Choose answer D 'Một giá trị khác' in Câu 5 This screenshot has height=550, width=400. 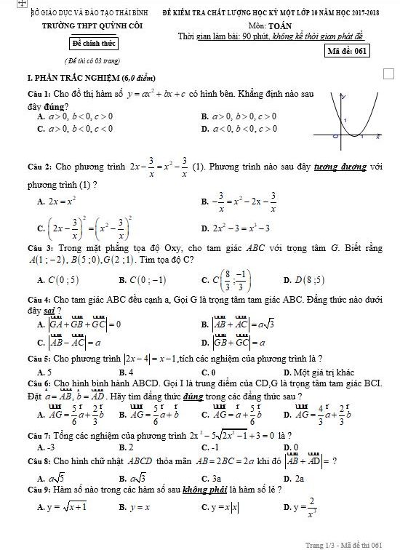coord(314,372)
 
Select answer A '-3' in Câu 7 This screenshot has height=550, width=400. coord(47,447)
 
